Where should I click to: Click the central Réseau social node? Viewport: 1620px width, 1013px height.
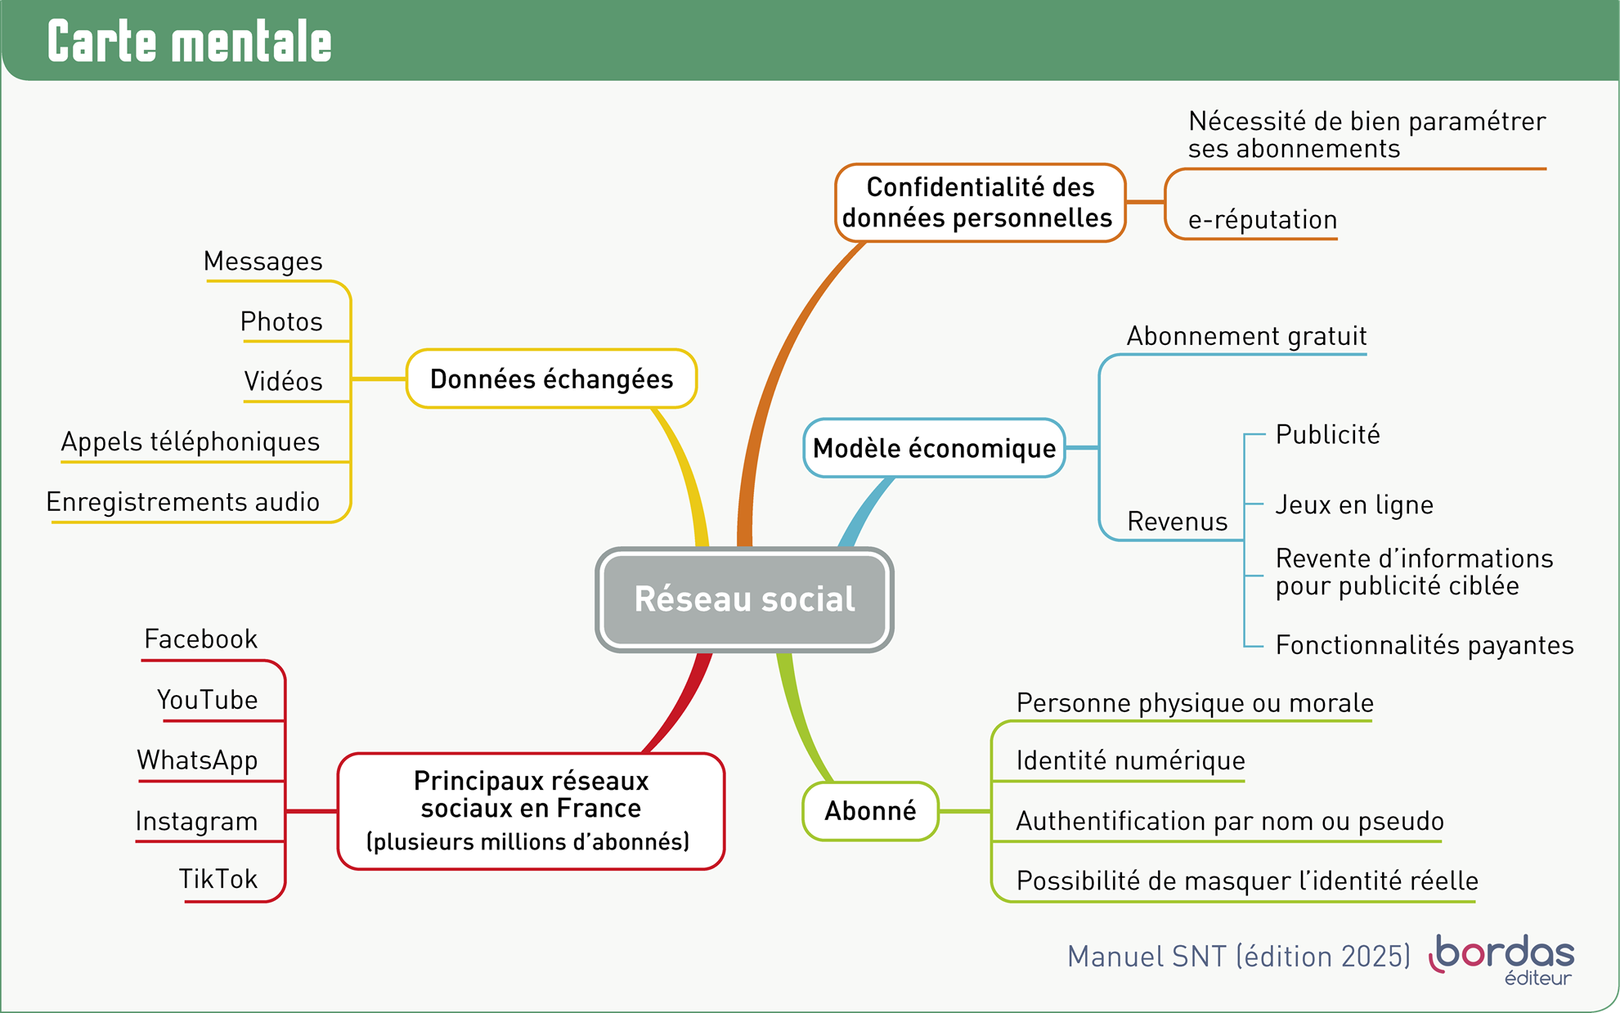click(x=744, y=599)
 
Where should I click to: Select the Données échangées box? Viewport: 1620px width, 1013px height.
click(x=551, y=379)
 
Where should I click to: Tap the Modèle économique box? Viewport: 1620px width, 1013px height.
click(x=934, y=448)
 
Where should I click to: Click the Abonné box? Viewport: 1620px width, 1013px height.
click(x=870, y=811)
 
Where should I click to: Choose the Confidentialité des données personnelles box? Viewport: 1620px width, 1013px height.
click(x=980, y=203)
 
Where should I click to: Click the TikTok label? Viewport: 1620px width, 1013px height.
click(x=218, y=879)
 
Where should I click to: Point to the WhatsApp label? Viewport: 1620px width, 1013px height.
click(x=197, y=760)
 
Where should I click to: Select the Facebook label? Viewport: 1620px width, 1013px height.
click(x=200, y=639)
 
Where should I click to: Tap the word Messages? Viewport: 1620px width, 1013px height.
click(x=263, y=262)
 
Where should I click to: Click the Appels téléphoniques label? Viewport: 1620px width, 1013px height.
click(x=191, y=442)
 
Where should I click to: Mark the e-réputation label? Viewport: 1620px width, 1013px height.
click(x=1262, y=220)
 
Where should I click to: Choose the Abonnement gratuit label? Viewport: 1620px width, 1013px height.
click(x=1246, y=336)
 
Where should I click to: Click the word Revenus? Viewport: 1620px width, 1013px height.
click(x=1177, y=522)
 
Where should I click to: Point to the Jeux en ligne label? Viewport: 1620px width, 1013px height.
click(x=1354, y=504)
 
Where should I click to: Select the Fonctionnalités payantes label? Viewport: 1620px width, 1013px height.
click(x=1424, y=645)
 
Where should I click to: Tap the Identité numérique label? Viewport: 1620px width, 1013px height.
click(x=1130, y=760)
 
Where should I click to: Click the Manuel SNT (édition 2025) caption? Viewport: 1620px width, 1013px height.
click(x=1238, y=957)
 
